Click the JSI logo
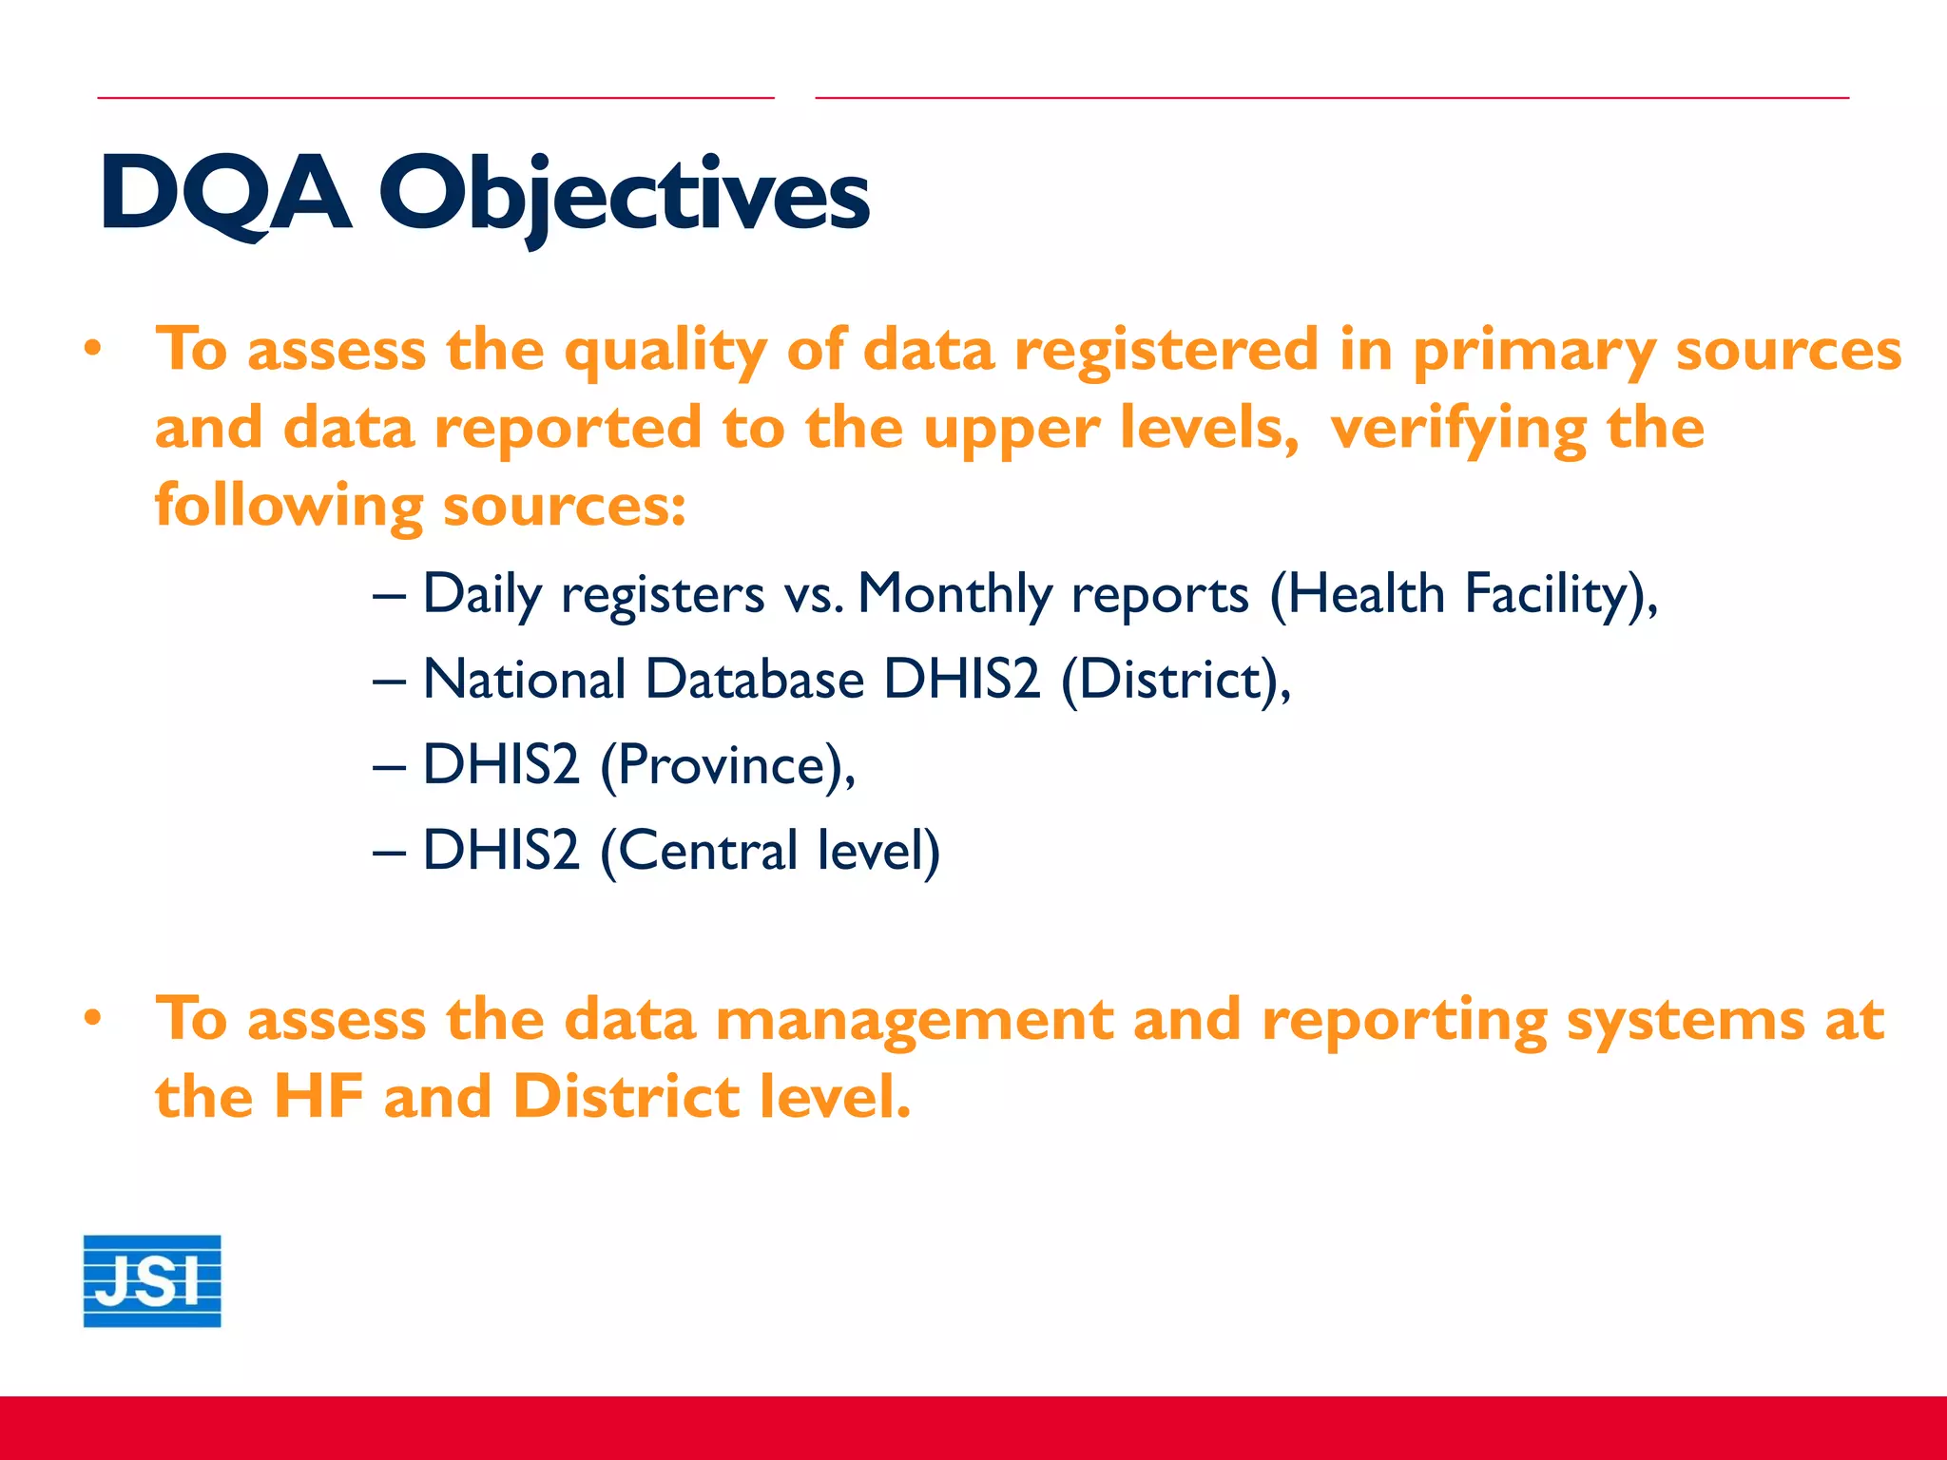tap(152, 1280)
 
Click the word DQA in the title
tap(226, 194)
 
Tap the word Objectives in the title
tap(625, 196)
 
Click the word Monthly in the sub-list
tap(954, 596)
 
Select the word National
tap(524, 680)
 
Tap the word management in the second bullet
tap(914, 1021)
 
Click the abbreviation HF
tap(318, 1097)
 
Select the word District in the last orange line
tap(626, 1097)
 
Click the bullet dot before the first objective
tap(92, 350)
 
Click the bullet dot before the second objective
tap(92, 1019)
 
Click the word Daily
tap(482, 596)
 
